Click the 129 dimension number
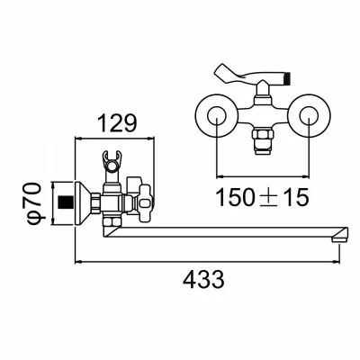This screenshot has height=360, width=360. [x=118, y=122]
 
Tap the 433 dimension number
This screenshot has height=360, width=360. [x=203, y=279]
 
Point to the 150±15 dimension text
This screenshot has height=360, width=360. [x=262, y=197]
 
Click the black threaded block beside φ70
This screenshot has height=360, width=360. [x=66, y=202]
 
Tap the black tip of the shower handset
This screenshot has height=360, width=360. [x=288, y=76]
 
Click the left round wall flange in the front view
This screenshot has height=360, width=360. [x=216, y=116]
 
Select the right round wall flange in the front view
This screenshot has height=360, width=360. [x=309, y=116]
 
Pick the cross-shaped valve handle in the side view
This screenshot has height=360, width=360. [x=146, y=204]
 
